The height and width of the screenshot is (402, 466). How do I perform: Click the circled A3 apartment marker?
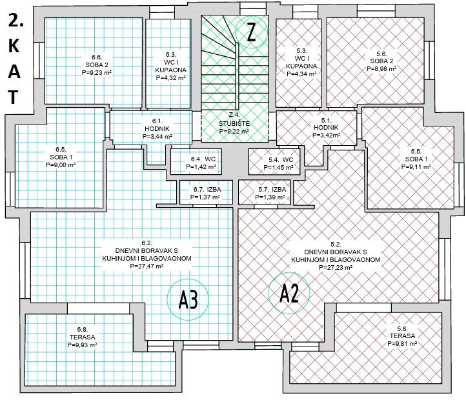coord(187,299)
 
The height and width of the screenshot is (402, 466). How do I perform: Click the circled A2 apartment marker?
coord(289,294)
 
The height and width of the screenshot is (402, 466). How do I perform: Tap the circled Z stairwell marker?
coord(251,33)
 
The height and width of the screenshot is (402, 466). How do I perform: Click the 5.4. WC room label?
coord(280,159)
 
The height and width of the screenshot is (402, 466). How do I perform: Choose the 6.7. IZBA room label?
coord(203,190)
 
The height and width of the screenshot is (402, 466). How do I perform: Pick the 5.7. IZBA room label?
coord(265,190)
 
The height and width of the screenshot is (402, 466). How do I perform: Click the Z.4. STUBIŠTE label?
coord(234,123)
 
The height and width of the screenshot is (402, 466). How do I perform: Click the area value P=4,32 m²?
coord(171,78)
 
